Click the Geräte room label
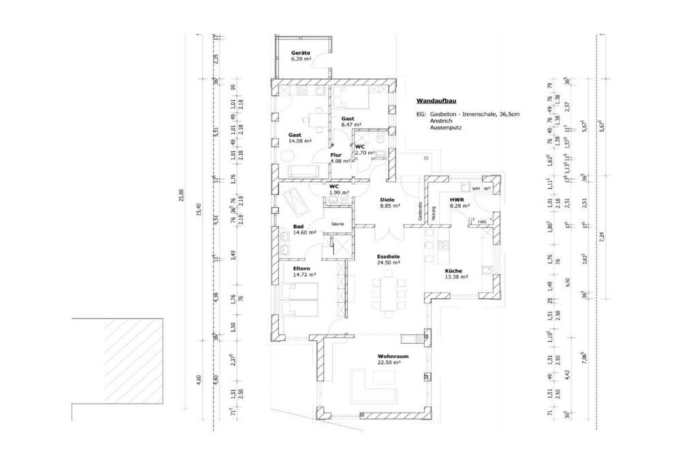click(301, 53)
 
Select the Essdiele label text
click(389, 257)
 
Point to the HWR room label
click(455, 198)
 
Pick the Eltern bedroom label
click(303, 269)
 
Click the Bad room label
click(298, 226)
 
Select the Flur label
click(335, 155)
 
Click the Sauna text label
click(337, 223)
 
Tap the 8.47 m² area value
click(351, 125)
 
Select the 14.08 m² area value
click(299, 141)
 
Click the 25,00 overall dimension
click(181, 196)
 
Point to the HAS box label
click(481, 222)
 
